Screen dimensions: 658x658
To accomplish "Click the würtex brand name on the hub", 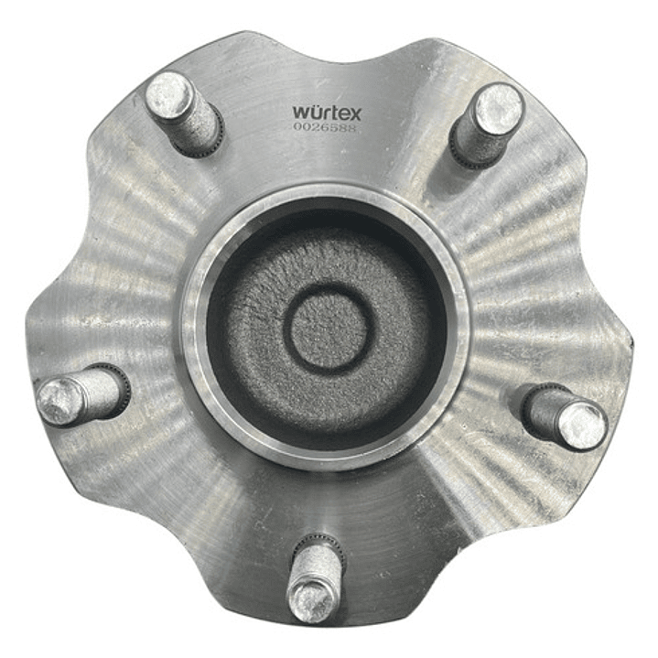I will (327, 113).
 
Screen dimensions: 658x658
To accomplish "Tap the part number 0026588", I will (324, 129).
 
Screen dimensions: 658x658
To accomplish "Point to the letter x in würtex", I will (355, 113).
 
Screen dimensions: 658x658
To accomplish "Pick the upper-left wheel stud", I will (183, 112).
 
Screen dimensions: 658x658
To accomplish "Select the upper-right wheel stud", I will (486, 124).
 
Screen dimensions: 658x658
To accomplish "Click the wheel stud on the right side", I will (566, 417).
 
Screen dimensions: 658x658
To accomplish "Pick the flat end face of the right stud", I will (583, 426).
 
